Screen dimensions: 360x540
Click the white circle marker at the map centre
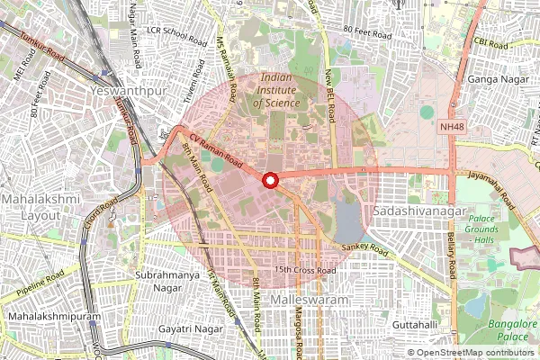point(269,181)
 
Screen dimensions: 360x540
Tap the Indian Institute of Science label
point(285,91)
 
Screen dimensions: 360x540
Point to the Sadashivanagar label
point(411,210)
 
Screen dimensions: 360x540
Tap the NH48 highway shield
point(453,129)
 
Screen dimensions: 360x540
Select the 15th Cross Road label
point(306,269)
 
